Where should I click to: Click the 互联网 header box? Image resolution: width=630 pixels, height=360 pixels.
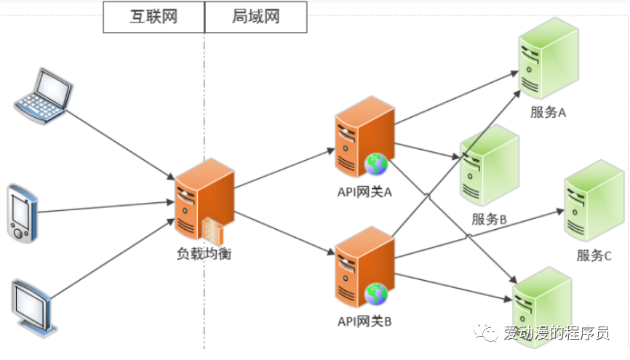[153, 17]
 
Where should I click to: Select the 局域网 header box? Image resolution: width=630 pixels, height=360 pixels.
[256, 17]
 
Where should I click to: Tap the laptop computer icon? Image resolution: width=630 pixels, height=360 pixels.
[44, 94]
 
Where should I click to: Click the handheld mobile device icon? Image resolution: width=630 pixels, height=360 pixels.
[22, 212]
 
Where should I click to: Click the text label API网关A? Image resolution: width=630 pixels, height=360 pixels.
[364, 192]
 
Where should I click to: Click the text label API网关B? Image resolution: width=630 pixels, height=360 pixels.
[364, 321]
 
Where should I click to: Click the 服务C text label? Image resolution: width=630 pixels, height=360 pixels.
[594, 255]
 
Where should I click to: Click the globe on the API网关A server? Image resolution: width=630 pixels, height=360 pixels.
[377, 165]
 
